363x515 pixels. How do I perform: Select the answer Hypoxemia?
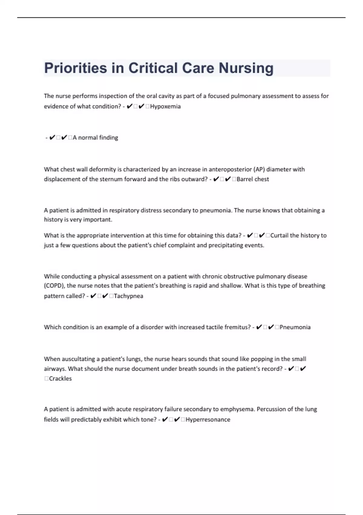click(x=165, y=106)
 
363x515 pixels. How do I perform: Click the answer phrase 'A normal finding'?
click(x=95, y=138)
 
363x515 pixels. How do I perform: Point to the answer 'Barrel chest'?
click(x=253, y=179)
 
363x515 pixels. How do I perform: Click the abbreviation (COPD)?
click(x=54, y=286)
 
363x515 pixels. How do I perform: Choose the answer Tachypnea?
click(x=128, y=296)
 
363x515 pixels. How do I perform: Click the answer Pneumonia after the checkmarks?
click(x=295, y=327)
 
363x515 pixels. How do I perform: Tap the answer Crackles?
click(x=60, y=379)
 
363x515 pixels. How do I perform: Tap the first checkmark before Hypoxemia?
click(x=129, y=106)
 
